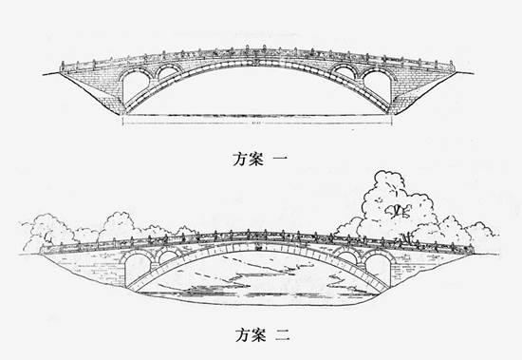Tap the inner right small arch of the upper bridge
pos(345,71)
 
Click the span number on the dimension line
pos(256,122)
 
